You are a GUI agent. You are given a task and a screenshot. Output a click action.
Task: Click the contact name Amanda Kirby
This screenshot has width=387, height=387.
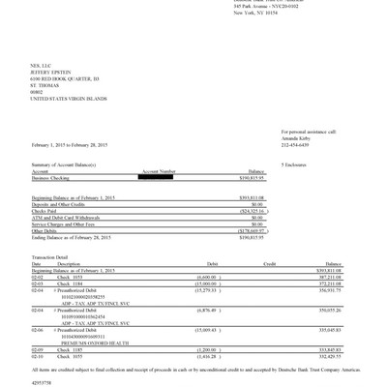(x=296, y=138)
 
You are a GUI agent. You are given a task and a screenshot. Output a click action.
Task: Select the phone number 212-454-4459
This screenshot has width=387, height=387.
(x=295, y=145)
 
